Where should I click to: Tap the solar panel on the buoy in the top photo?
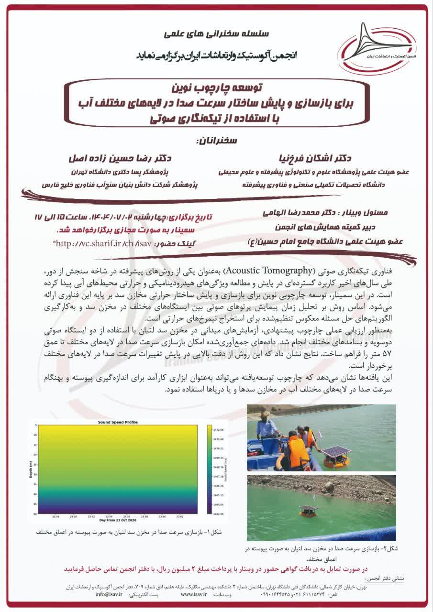point(336,452)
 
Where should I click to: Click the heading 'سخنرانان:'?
point(216,142)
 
